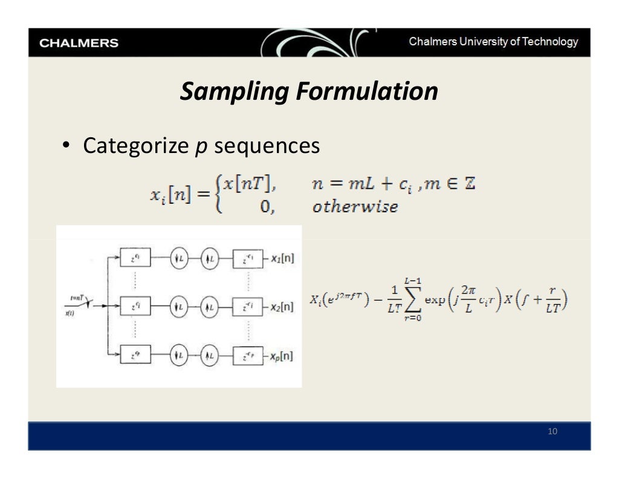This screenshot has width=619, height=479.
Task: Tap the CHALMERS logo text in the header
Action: (x=79, y=44)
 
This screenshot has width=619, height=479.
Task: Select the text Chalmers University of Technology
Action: (x=493, y=42)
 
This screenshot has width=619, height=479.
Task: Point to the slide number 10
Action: (x=551, y=431)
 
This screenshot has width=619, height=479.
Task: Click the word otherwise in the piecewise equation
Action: (x=355, y=207)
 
